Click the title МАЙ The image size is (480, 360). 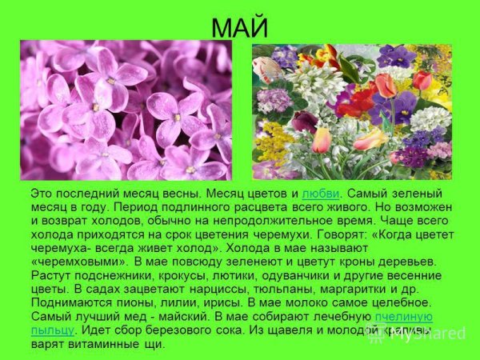click(x=239, y=26)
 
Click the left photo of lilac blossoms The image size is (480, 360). click(x=126, y=110)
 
